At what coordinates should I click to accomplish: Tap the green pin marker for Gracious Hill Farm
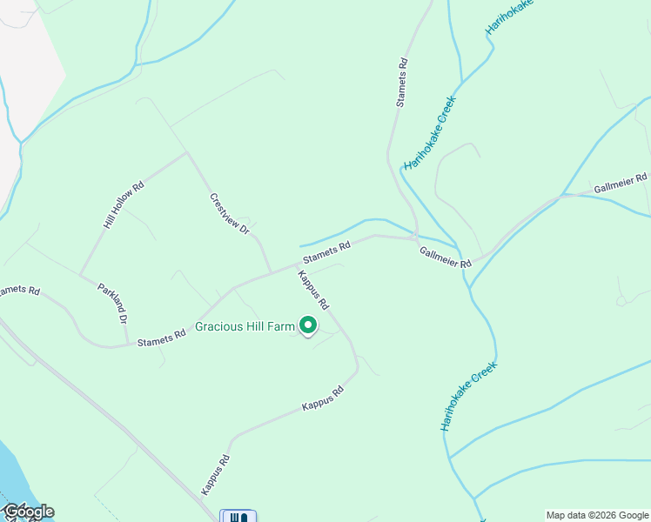click(308, 325)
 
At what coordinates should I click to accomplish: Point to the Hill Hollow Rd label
click(123, 205)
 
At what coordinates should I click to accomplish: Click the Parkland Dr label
click(113, 303)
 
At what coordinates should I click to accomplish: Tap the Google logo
click(28, 512)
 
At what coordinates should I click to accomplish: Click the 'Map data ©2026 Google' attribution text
click(597, 515)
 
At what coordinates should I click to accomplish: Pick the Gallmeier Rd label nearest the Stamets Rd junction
click(445, 257)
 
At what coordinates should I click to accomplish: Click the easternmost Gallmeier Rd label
click(621, 184)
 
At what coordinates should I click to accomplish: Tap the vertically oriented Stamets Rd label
click(401, 83)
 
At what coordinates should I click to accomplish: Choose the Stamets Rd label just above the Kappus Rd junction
click(326, 252)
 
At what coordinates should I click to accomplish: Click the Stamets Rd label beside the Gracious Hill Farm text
click(162, 337)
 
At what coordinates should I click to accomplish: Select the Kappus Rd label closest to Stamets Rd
click(312, 291)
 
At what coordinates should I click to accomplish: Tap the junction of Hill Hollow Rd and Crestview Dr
click(186, 153)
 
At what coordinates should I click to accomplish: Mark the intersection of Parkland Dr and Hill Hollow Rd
click(80, 276)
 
